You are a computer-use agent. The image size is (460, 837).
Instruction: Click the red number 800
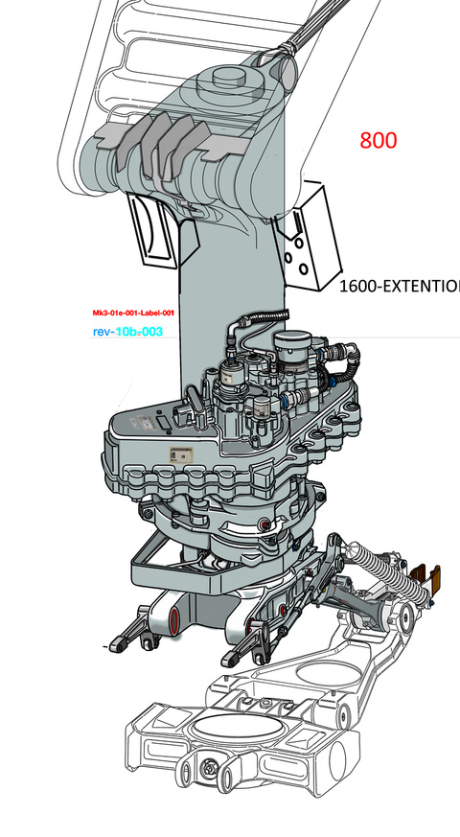click(379, 140)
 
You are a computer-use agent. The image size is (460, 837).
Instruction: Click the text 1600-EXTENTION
click(400, 286)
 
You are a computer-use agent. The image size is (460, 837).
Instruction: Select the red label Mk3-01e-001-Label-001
click(133, 314)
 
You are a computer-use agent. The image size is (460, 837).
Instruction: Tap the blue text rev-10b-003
click(127, 332)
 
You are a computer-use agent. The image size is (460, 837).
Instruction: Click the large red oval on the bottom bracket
click(174, 622)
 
